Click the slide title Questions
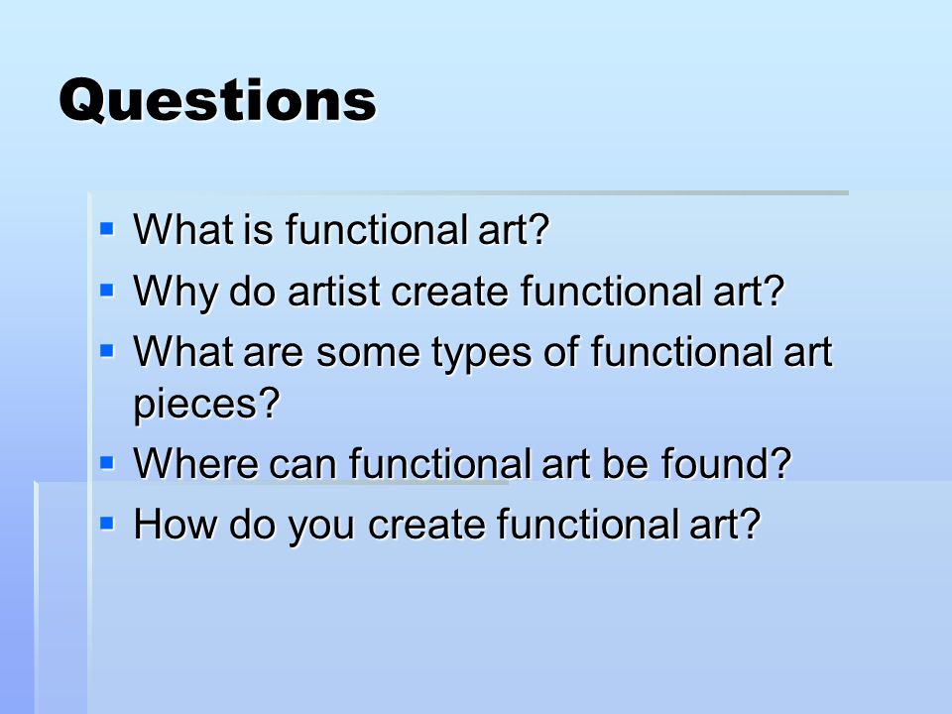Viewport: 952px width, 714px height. point(217,100)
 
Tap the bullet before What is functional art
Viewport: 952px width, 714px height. point(107,229)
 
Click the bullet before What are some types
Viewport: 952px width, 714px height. point(107,349)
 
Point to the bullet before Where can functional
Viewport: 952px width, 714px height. point(107,461)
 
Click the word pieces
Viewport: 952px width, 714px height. point(198,406)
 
